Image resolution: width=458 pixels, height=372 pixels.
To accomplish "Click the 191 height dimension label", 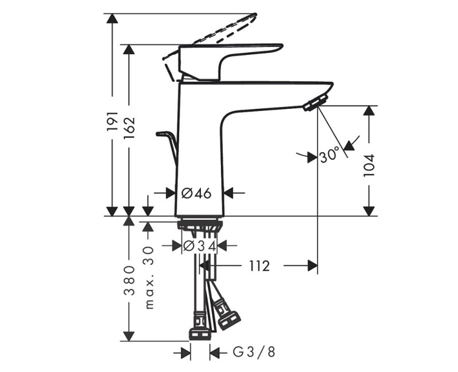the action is coord(112,121).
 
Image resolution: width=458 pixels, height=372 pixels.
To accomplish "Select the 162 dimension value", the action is coord(129,128).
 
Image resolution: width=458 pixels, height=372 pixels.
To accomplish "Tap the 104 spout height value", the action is coord(369,165).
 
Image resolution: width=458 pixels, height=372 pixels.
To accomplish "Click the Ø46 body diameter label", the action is coord(196,193).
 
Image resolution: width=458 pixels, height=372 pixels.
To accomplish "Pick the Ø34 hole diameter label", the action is coord(200,246).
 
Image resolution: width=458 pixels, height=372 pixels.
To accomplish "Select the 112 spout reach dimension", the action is coord(259,266).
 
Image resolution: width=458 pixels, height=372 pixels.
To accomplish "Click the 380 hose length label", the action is coord(129,280).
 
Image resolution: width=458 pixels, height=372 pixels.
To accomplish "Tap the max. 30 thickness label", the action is coord(149,278).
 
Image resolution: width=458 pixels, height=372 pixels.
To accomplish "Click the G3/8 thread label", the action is coord(254,353).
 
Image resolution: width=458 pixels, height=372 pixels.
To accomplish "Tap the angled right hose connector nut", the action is coord(227,313).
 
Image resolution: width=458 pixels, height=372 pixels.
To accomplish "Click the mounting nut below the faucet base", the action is coord(200,225).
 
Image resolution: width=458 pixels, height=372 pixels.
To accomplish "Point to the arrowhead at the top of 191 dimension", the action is coord(112,18).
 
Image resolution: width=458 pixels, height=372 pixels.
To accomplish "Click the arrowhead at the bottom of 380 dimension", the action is coord(129,336).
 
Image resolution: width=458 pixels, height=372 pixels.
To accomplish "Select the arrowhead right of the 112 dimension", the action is coord(313,266).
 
